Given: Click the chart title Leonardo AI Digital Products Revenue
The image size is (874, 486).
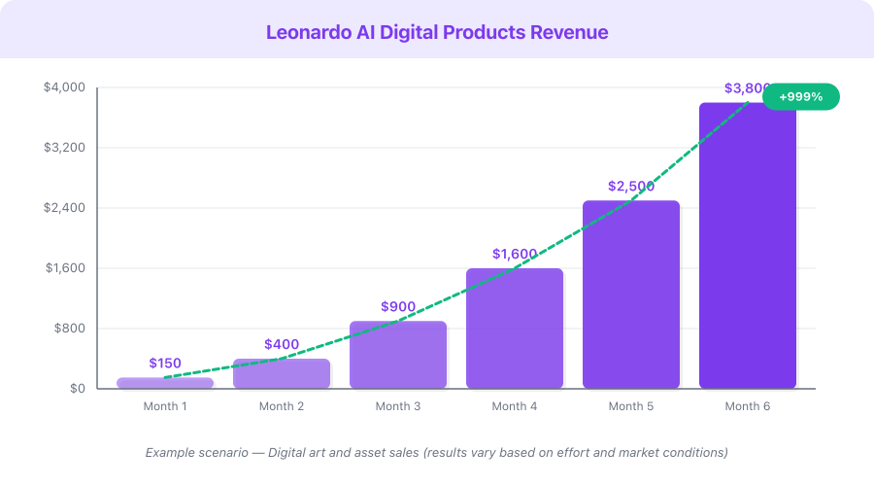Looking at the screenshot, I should (x=437, y=32).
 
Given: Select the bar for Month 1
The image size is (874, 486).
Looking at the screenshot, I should (x=165, y=383).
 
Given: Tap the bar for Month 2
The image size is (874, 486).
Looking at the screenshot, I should (x=282, y=374).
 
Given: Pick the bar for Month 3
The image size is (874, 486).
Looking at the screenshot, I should (x=398, y=355).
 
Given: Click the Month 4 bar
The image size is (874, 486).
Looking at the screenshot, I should (x=515, y=329).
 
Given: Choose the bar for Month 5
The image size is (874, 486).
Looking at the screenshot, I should (x=631, y=295).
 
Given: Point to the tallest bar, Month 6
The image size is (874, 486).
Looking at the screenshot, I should (x=748, y=246).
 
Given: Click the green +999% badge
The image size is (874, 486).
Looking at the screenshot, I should (x=800, y=96).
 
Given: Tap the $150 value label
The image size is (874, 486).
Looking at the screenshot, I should (x=165, y=364).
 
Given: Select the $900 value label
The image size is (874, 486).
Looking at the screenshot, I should (x=398, y=307).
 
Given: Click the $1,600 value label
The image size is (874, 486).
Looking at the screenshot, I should (x=515, y=255).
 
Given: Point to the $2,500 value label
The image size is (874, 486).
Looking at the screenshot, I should (x=631, y=187).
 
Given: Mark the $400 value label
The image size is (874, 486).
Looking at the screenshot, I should (x=282, y=345).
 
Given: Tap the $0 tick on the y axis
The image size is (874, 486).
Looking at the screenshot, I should (x=77, y=389).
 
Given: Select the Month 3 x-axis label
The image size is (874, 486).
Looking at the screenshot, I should (x=398, y=406).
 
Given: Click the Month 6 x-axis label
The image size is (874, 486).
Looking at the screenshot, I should (x=748, y=406).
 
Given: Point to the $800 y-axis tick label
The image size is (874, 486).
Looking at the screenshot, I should (x=71, y=329).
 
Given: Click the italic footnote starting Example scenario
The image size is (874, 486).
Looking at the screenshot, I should (x=437, y=453).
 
